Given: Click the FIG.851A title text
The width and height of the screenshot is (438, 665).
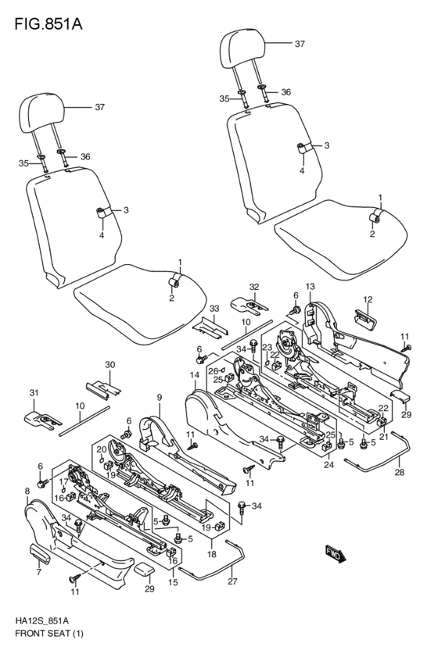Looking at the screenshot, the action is [48, 24].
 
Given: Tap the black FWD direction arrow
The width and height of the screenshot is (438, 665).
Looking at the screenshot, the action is [336, 554].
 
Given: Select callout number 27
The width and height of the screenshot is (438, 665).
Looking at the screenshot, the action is [232, 581].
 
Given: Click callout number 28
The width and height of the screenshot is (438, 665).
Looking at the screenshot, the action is [400, 472].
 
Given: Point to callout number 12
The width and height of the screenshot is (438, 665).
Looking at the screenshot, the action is [368, 299].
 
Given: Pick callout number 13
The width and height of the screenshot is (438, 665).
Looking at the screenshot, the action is [310, 287].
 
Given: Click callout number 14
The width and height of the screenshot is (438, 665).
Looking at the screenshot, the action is [195, 375].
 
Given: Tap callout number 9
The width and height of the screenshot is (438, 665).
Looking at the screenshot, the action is [159, 398].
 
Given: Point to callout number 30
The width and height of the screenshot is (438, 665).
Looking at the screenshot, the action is [110, 365].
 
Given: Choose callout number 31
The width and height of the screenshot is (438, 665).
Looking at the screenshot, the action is [34, 393].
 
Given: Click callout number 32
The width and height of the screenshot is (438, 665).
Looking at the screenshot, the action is [253, 287].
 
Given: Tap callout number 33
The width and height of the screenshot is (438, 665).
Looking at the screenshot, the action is [214, 308].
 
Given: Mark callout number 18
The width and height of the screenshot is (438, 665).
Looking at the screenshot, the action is [211, 554].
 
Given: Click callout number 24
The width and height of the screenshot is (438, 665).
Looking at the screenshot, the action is [329, 465].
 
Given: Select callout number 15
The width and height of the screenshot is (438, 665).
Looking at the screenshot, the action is [173, 582].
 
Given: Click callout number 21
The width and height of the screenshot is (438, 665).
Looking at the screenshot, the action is [384, 438].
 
